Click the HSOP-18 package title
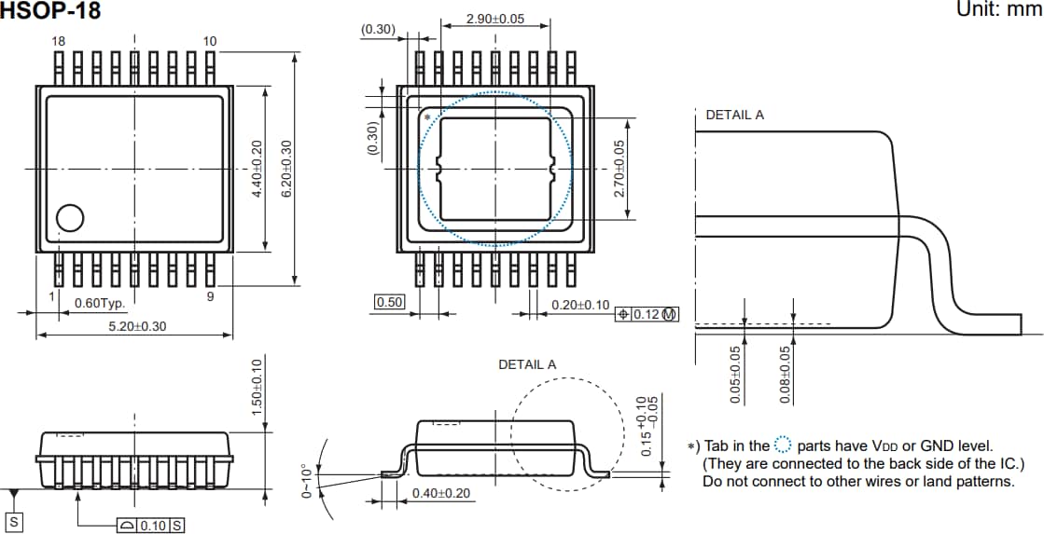point(50,11)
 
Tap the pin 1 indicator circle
point(70,218)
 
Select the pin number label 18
point(59,41)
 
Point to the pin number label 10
point(210,41)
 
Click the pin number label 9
point(210,296)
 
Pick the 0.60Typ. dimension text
point(100,303)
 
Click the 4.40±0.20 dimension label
point(258,169)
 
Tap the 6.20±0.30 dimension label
point(287,169)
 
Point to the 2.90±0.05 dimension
point(494,20)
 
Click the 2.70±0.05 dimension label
point(618,169)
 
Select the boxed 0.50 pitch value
point(388,302)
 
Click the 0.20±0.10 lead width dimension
point(580,305)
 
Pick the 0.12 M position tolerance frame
point(647,315)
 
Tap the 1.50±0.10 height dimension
point(258,386)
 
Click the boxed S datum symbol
point(14,523)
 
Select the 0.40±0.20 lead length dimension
point(441,493)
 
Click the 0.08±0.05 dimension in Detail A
point(785,375)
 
